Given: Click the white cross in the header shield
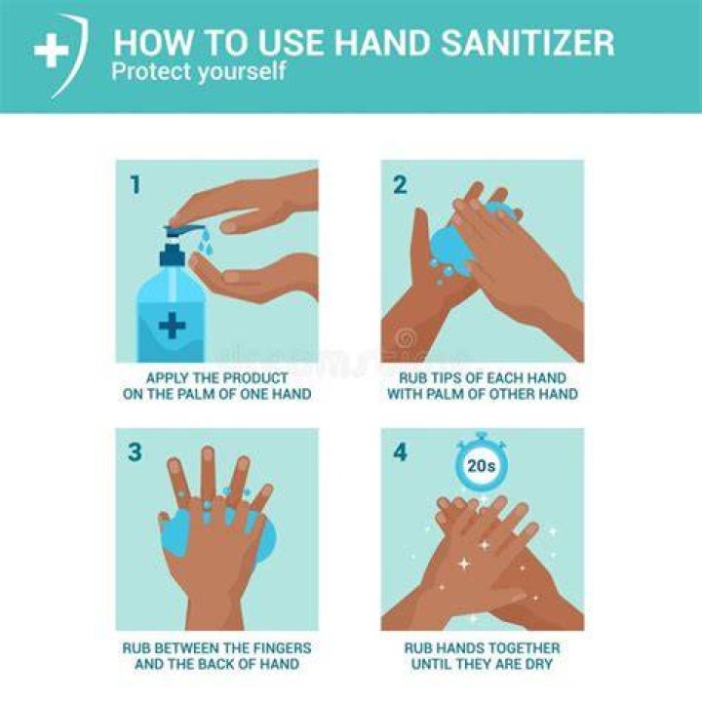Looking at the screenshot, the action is click(52, 50).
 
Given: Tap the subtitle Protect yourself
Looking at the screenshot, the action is click(198, 71).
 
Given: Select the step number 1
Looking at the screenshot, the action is click(136, 184).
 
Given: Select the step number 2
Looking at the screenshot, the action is click(400, 184).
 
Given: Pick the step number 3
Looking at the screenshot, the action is click(135, 451).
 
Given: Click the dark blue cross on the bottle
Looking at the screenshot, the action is click(173, 325).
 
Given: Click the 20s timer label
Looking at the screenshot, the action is click(482, 466).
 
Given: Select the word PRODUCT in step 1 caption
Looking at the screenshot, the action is click(255, 378).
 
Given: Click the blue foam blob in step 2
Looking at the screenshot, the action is click(452, 248).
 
